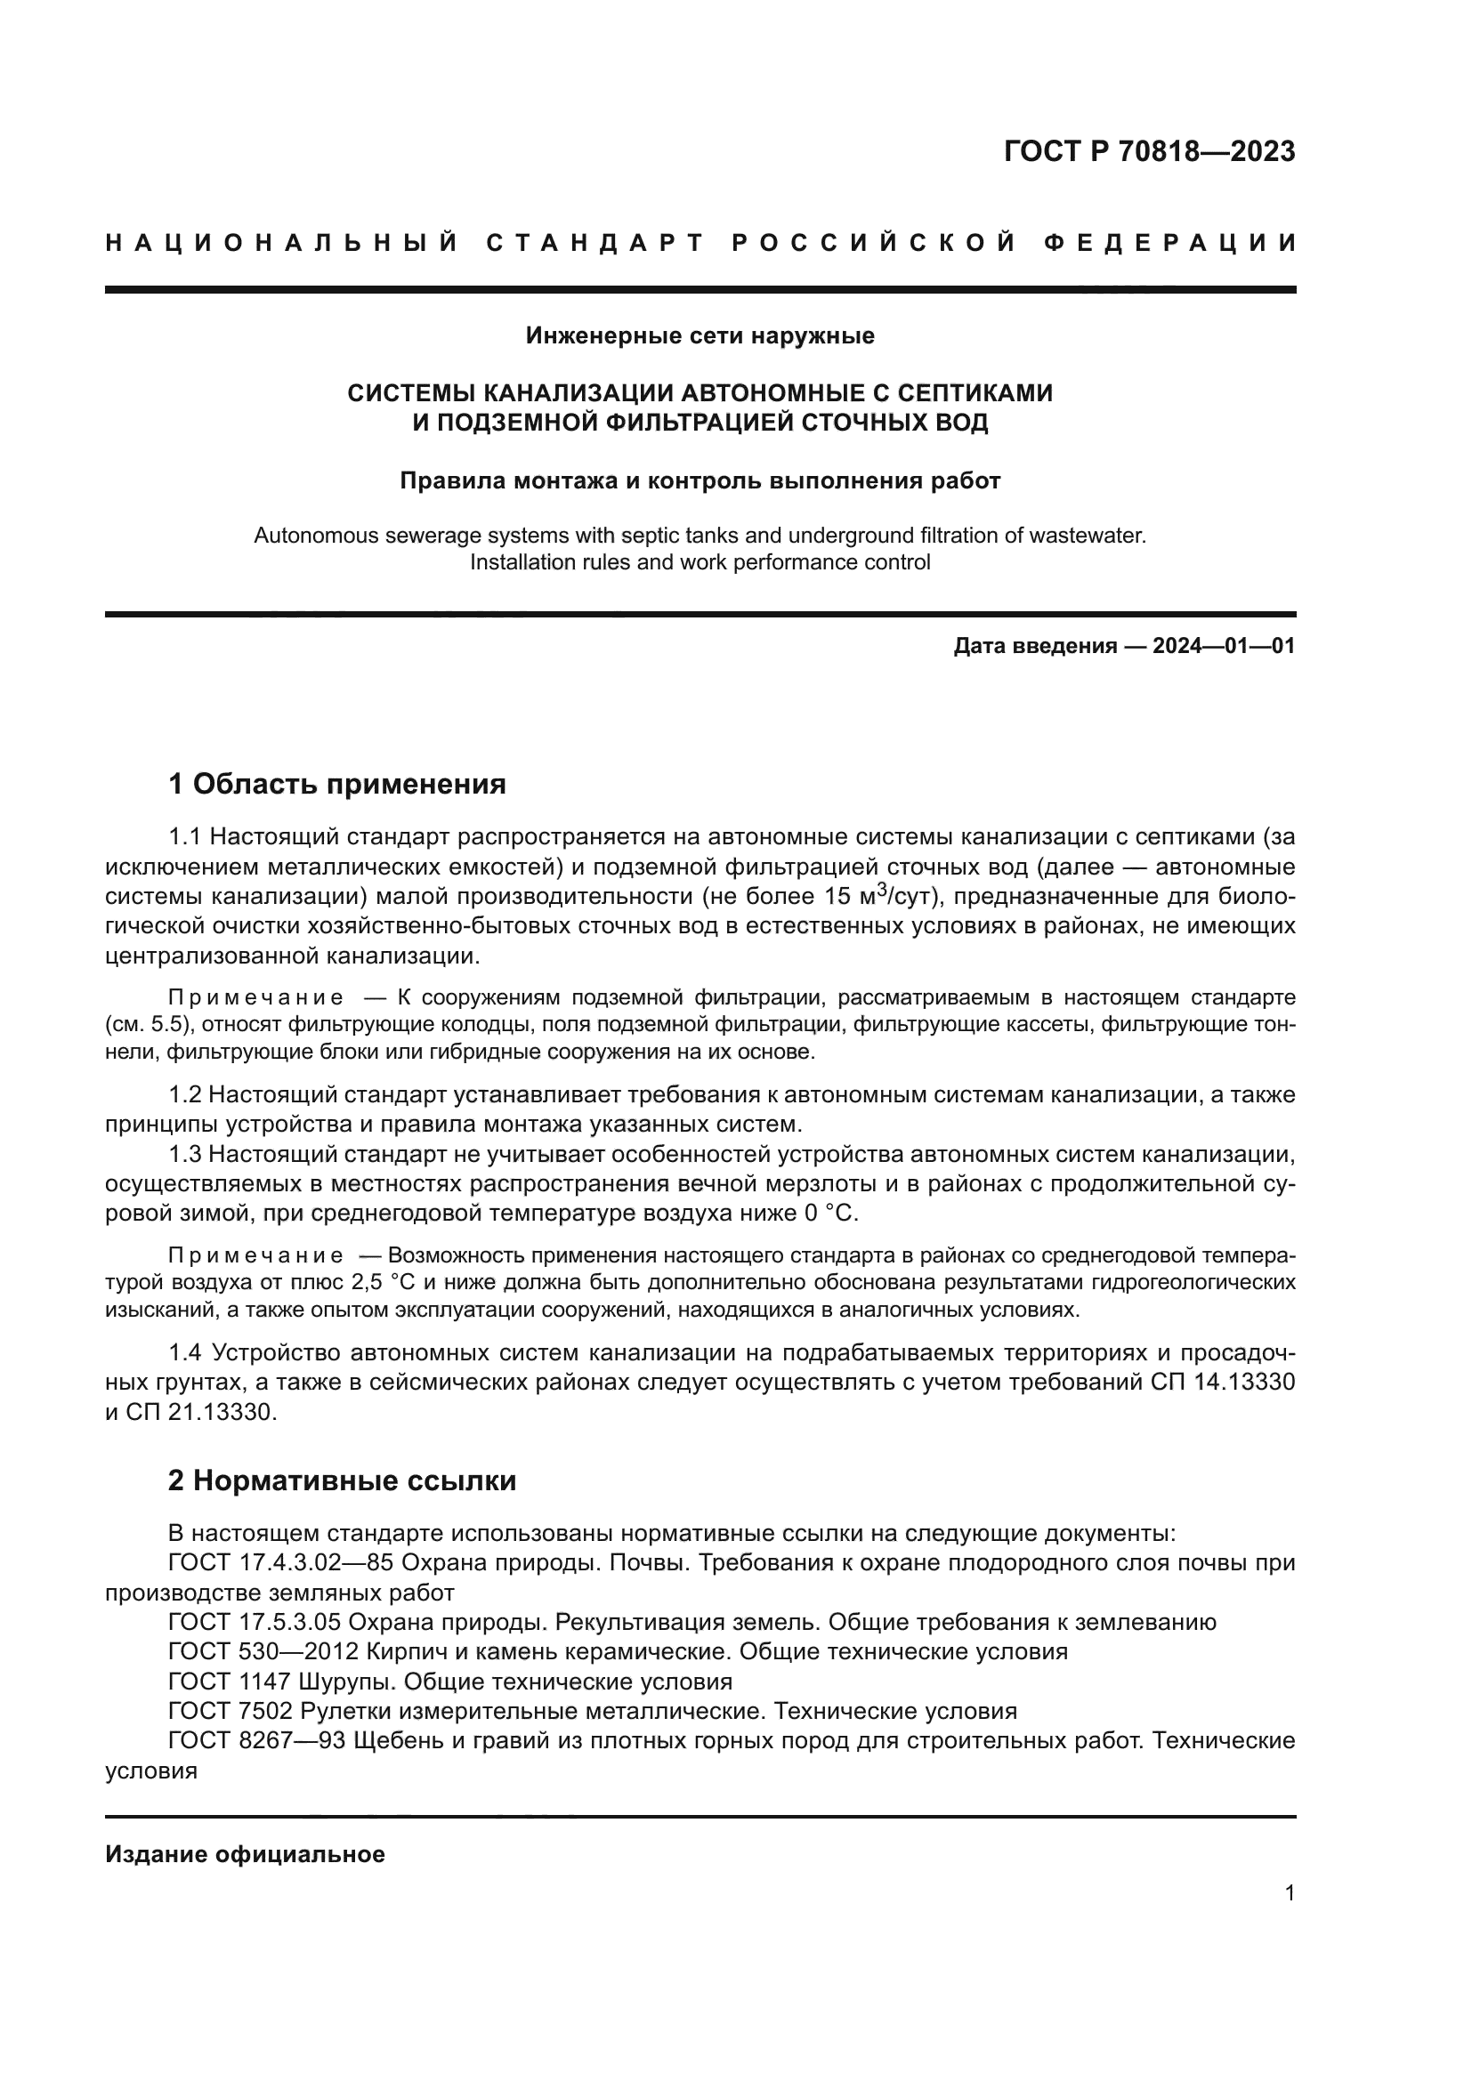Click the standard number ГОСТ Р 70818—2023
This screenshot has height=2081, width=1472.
(x=1148, y=151)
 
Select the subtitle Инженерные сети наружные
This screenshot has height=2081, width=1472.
(x=700, y=336)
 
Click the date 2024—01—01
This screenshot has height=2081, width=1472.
(x=1223, y=646)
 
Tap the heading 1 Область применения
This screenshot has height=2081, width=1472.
(x=337, y=784)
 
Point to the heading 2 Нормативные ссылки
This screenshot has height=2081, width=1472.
(x=342, y=1481)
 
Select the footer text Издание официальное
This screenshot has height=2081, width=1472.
(x=245, y=1854)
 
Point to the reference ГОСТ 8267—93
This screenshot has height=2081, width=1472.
(x=257, y=1741)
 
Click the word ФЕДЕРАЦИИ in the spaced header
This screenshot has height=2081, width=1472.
(x=1170, y=243)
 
